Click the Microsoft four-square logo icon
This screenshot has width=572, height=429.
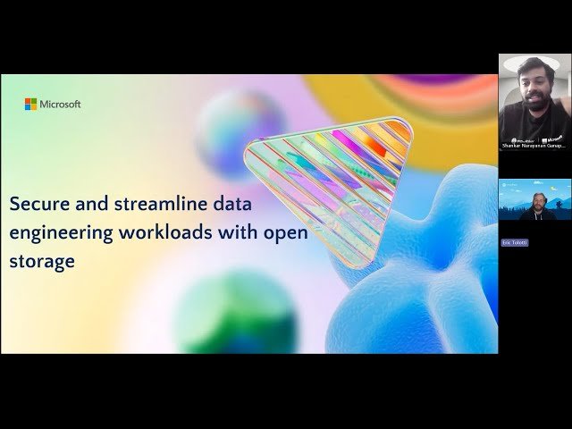tap(30, 105)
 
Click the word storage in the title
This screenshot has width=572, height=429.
tap(42, 262)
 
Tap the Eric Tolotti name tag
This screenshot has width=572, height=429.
tap(515, 242)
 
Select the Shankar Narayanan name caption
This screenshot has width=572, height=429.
tap(534, 145)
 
